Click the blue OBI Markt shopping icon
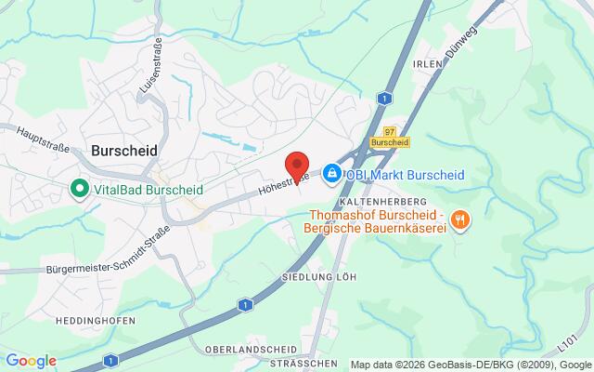click(331, 173)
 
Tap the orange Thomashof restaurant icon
click(461, 219)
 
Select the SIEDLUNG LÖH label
click(320, 277)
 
